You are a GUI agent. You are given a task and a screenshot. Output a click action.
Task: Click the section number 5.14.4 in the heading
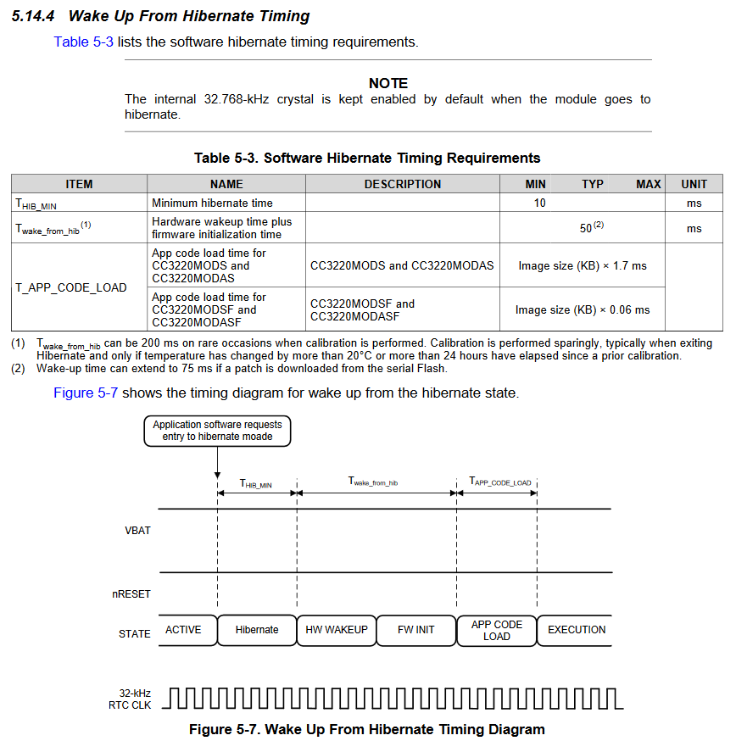coord(35,16)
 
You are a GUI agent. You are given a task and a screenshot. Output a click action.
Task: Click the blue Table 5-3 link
coord(83,42)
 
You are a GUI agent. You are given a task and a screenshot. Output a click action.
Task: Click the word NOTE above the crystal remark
coord(388,83)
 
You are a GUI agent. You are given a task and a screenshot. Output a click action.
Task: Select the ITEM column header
coord(79,184)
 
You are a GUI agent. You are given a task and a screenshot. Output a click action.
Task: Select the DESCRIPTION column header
coord(403,184)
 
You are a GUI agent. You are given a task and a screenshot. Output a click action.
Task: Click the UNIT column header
coord(694,184)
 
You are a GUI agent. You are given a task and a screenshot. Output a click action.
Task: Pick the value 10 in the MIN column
coord(540,203)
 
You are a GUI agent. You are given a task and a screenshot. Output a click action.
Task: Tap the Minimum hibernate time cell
coord(212,203)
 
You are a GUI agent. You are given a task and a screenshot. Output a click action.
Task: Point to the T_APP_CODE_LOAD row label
coord(71,287)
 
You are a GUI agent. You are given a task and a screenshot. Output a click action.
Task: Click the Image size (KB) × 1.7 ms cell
coord(583,266)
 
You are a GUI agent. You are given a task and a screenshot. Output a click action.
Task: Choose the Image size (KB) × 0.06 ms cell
coord(583,309)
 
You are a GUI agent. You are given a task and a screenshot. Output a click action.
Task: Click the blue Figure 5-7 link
coord(86,393)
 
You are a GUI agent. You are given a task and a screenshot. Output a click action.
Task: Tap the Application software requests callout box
coord(218,431)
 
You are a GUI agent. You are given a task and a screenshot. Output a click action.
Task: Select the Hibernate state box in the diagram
coord(257,630)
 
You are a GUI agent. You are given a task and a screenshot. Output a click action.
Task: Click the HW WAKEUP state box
coord(337,630)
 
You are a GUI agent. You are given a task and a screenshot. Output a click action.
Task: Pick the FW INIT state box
coord(416,630)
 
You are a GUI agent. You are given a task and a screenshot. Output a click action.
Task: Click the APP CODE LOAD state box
coord(497,630)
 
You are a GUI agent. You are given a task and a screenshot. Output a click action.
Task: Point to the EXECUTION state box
coord(577,630)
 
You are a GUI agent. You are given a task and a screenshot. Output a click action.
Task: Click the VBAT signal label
coord(137,531)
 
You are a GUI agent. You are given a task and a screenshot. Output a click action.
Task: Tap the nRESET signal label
coord(131,594)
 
